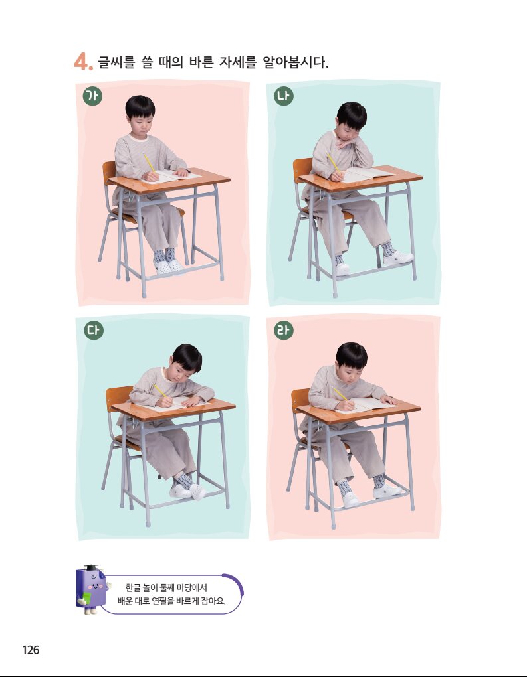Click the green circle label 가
[92, 96]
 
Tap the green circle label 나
[284, 96]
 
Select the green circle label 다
[94, 331]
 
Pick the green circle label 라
[284, 331]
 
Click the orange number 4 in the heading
[82, 61]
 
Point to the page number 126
[31, 650]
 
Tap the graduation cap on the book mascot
[91, 568]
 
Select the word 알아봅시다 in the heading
[296, 62]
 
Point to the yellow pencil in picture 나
[334, 163]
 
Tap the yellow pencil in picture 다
[161, 391]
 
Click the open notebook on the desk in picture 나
[366, 174]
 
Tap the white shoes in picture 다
[189, 491]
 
